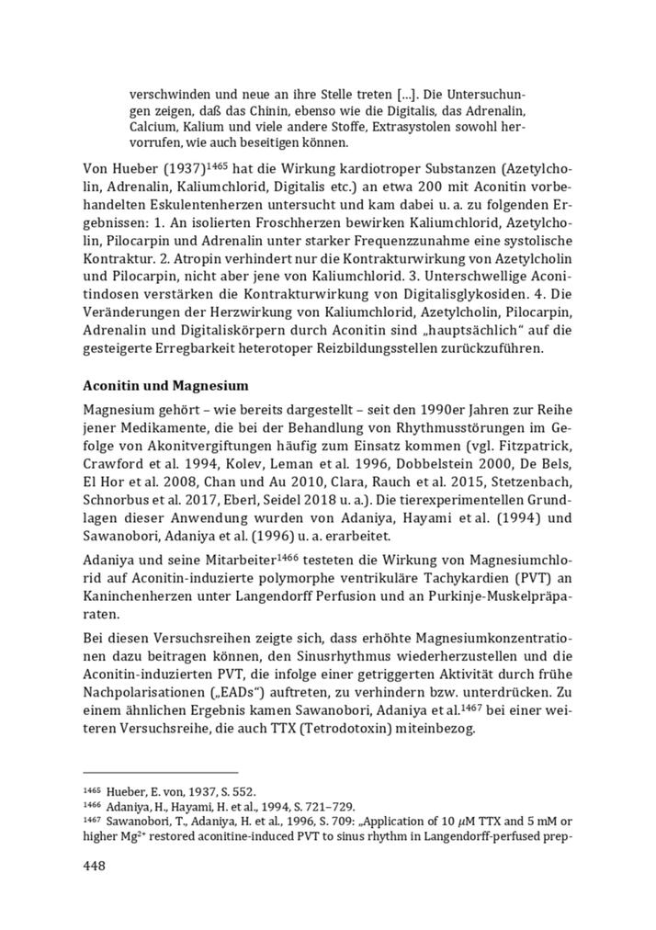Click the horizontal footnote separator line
tap(160, 772)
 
